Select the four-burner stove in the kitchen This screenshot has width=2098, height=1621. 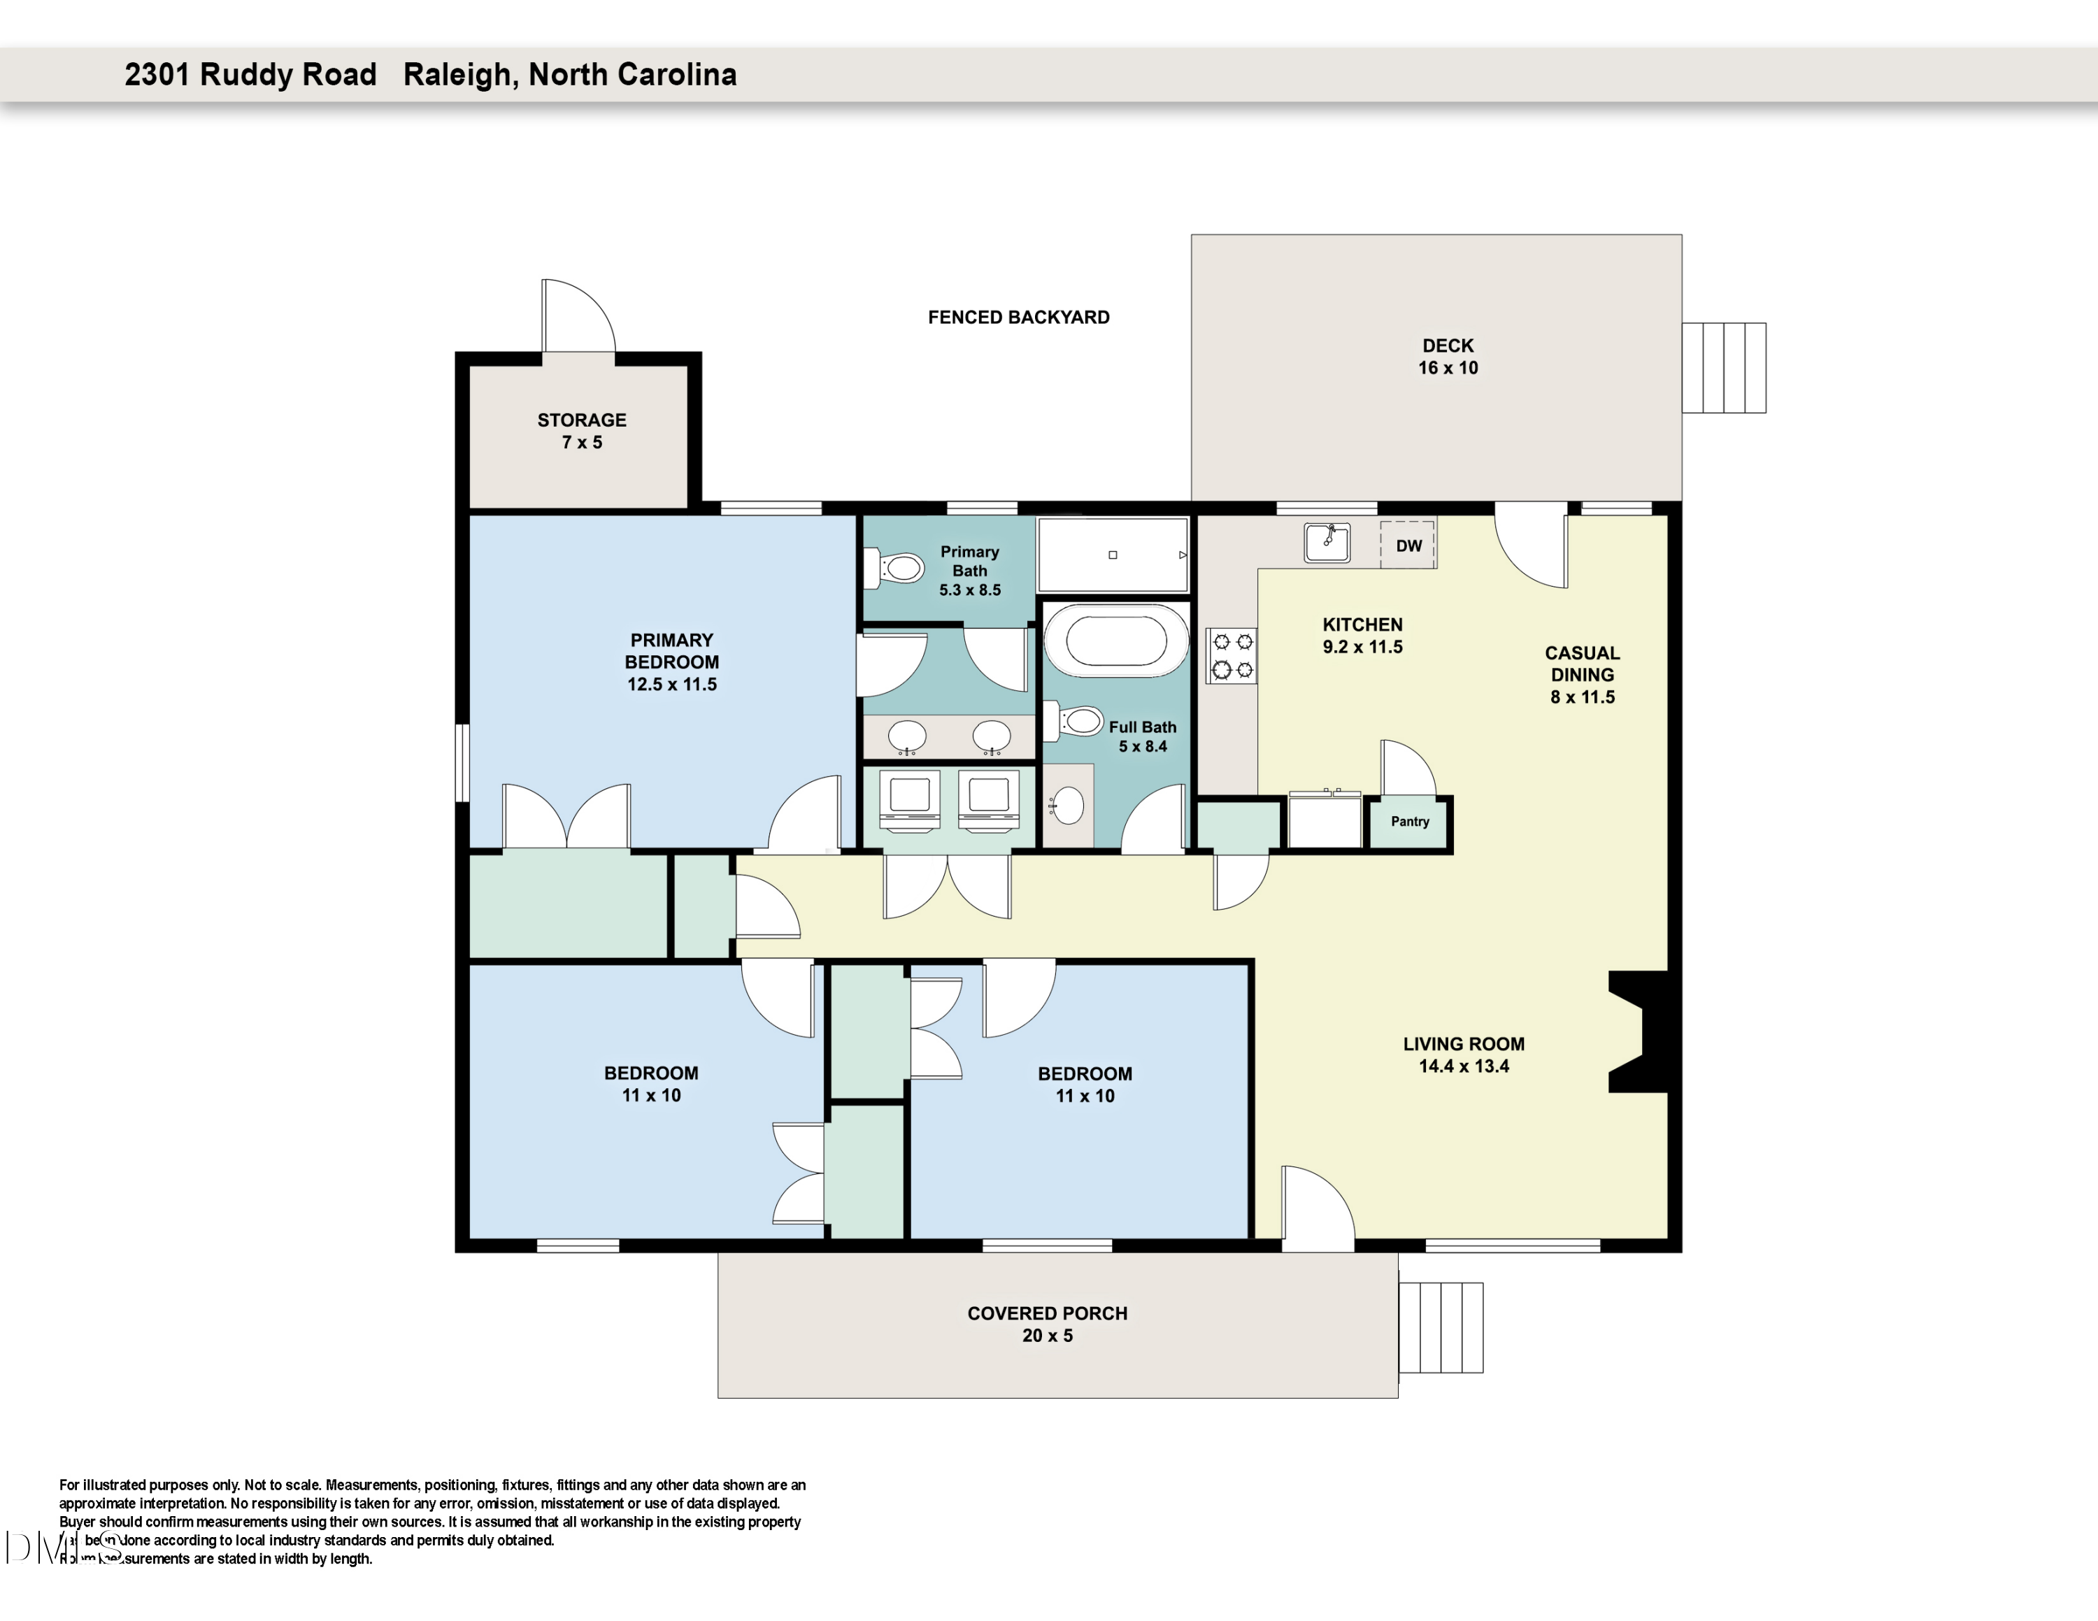(1232, 656)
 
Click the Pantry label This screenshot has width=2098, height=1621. (1409, 821)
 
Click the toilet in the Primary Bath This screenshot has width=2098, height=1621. (895, 569)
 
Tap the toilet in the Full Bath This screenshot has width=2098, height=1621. (1076, 721)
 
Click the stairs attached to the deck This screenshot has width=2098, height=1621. (1723, 368)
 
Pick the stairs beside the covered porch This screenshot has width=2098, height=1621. (1440, 1327)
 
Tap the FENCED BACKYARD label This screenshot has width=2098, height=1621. (1018, 317)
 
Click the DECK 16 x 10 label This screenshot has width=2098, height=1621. (1448, 356)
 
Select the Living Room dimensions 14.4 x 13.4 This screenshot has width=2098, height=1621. (1463, 1066)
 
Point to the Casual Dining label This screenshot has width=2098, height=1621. (1581, 664)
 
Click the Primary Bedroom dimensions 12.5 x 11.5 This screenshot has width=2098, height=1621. (671, 685)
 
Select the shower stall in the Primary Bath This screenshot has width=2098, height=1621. (1113, 556)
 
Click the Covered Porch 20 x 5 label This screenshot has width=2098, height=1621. (1047, 1324)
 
